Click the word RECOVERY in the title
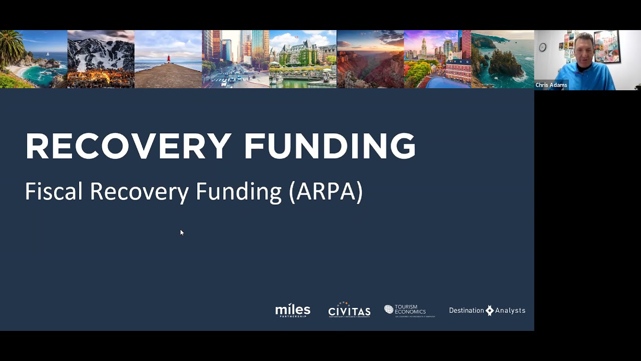128,146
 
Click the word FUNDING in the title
330,146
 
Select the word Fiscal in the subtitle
54,192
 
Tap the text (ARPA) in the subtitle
326,192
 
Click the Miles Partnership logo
293,311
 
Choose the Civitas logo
349,310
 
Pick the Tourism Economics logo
409,310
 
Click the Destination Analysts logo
487,310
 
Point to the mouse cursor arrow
181,232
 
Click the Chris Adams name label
551,85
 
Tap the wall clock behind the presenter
543,47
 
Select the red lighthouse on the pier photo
168,59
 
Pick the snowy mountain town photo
101,59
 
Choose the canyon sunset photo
370,59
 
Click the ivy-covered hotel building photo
302,59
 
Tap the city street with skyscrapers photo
235,59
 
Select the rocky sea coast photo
502,59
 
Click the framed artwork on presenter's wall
606,46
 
